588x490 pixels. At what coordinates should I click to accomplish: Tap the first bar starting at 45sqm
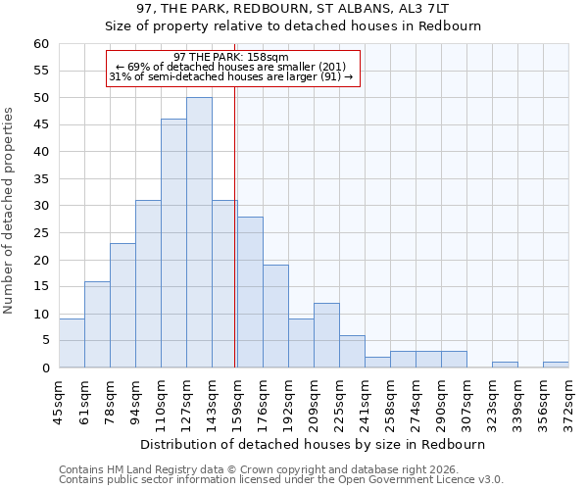point(72,343)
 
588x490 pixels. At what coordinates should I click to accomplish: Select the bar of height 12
point(326,335)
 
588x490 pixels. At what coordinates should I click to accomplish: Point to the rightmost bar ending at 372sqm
point(556,365)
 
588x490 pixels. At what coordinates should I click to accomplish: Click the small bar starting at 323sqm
point(505,365)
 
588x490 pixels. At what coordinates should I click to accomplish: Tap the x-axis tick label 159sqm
point(237,403)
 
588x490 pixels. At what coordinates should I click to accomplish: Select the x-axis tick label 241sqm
point(365,403)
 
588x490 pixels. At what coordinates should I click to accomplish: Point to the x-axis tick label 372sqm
point(568,403)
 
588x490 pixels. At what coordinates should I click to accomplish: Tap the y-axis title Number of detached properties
point(10,211)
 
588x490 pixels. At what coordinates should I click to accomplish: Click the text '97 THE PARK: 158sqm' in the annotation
point(231,58)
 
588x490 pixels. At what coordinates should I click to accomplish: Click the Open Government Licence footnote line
point(281,480)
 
